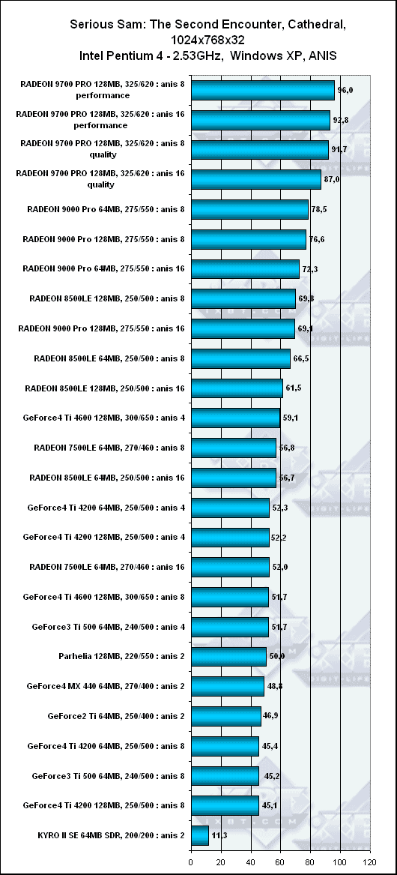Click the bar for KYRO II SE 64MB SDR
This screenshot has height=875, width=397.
[199, 836]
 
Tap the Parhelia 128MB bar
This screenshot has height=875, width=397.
[228, 656]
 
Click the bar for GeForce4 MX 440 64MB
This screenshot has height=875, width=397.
[228, 686]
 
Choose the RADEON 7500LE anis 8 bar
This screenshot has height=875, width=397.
[234, 448]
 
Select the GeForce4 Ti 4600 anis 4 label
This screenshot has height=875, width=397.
[103, 418]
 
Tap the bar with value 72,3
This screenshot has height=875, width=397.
[246, 269]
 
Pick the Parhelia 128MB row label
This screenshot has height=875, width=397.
[121, 656]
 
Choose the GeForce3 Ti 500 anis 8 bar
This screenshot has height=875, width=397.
[225, 776]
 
